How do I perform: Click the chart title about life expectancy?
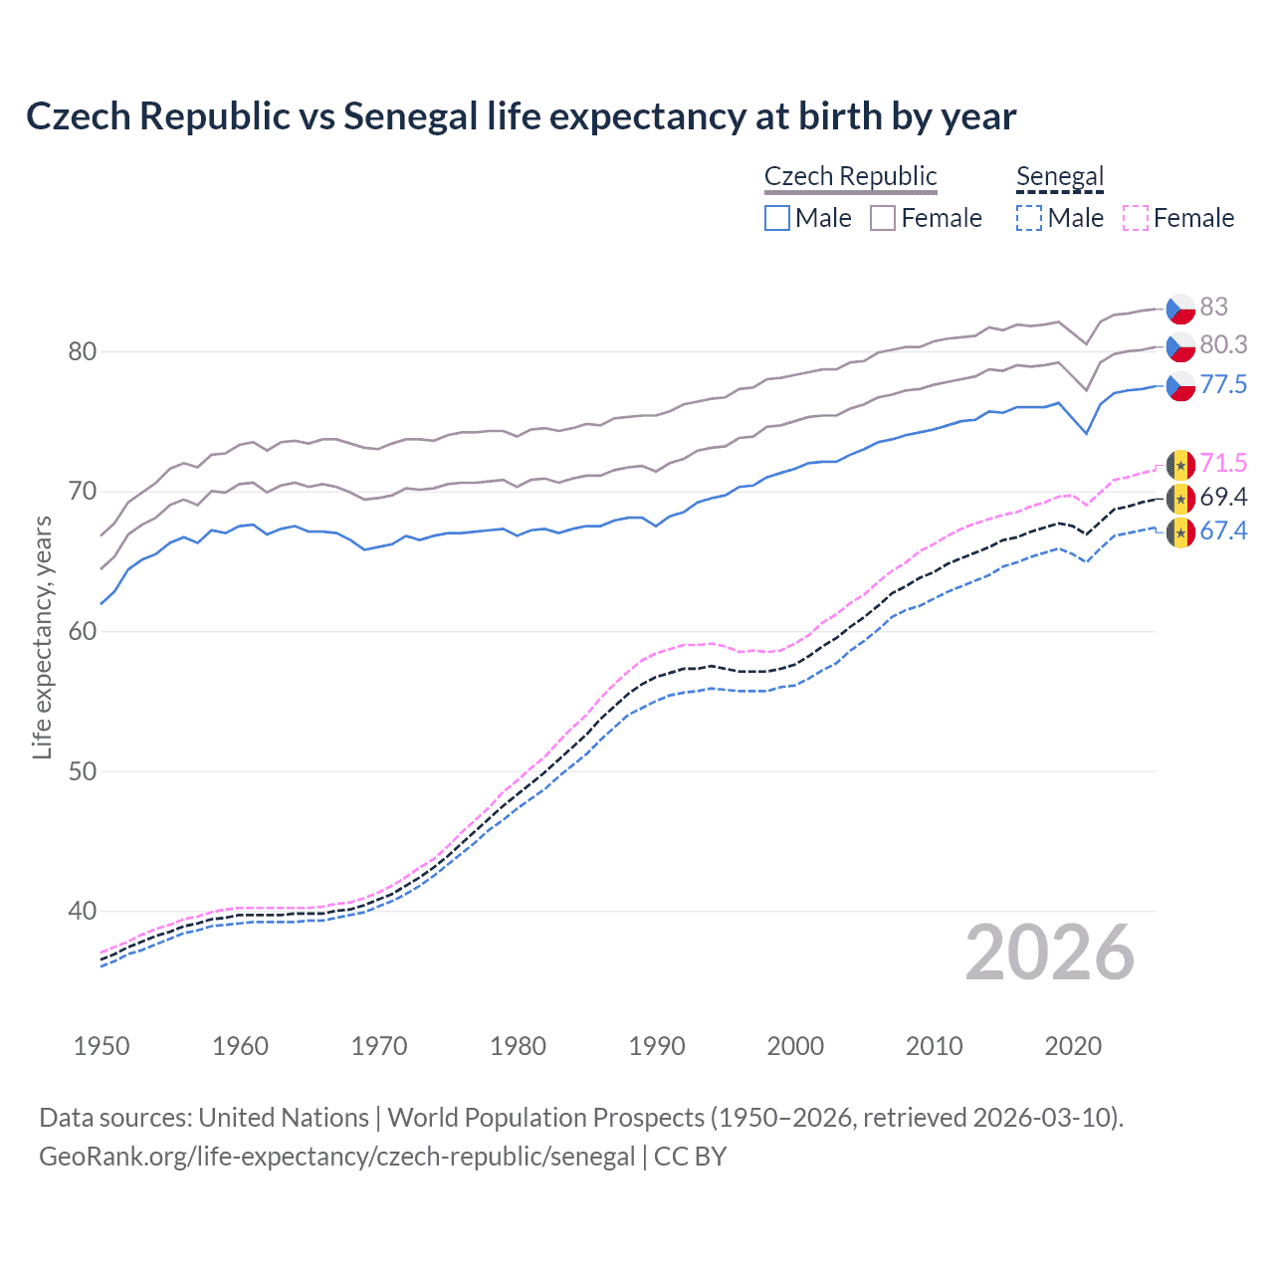click(x=521, y=116)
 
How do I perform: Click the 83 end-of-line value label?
click(x=1213, y=307)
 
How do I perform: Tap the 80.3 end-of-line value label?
click(x=1223, y=344)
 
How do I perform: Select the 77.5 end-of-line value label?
click(x=1223, y=384)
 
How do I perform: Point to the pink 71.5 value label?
click(x=1223, y=463)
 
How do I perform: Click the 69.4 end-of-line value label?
click(x=1223, y=497)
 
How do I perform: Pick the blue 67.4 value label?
click(x=1223, y=531)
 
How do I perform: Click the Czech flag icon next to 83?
click(x=1180, y=309)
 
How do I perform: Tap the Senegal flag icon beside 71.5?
click(x=1180, y=464)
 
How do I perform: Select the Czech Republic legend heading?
click(x=850, y=176)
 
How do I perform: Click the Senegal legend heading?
click(x=1060, y=176)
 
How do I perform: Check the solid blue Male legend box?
click(x=777, y=218)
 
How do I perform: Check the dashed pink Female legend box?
click(x=1136, y=218)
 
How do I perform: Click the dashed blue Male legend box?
click(x=1029, y=218)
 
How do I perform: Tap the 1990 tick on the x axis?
click(x=657, y=1046)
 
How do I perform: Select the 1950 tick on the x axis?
click(x=102, y=1046)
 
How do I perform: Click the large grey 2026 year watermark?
click(x=1050, y=953)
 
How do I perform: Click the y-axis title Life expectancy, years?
click(x=42, y=637)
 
